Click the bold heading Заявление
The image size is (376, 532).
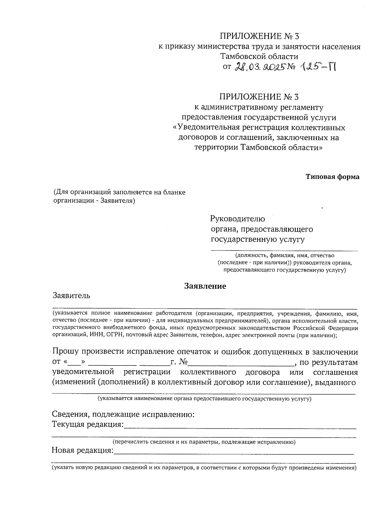pyautogui.click(x=205, y=286)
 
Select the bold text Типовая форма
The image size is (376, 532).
pyautogui.click(x=332, y=177)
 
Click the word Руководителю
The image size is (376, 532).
pyautogui.click(x=238, y=219)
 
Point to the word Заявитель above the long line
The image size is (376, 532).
pyautogui.click(x=72, y=295)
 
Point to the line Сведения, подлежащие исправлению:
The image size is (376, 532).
pyautogui.click(x=123, y=414)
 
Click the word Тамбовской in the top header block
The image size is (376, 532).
pyautogui.click(x=240, y=57)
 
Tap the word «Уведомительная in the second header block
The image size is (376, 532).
pyautogui.click(x=207, y=128)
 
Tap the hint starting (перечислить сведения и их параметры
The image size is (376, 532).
pyautogui.click(x=204, y=442)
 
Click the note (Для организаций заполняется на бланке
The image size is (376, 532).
pyautogui.click(x=119, y=192)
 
